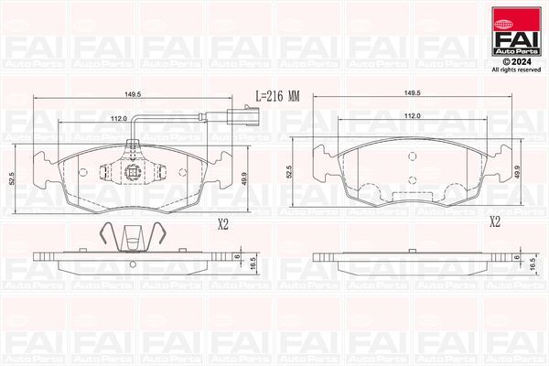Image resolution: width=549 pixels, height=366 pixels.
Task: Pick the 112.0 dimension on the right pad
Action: [412, 115]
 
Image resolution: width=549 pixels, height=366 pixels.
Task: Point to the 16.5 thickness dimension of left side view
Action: [253, 261]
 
